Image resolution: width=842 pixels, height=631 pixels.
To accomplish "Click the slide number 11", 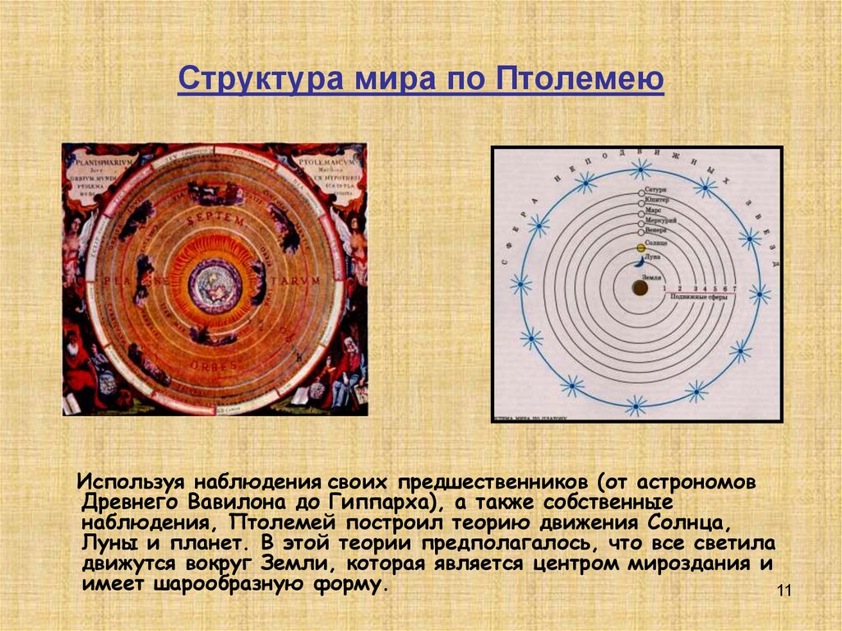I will [783, 592].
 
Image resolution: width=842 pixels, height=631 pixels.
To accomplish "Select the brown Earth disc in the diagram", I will [639, 288].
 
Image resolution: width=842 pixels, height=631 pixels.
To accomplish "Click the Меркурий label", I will [660, 220].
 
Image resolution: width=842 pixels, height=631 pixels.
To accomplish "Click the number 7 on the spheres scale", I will [734, 289].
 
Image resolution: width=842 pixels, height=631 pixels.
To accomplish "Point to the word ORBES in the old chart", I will [216, 365].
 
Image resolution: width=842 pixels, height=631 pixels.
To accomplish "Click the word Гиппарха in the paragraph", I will [377, 502].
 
